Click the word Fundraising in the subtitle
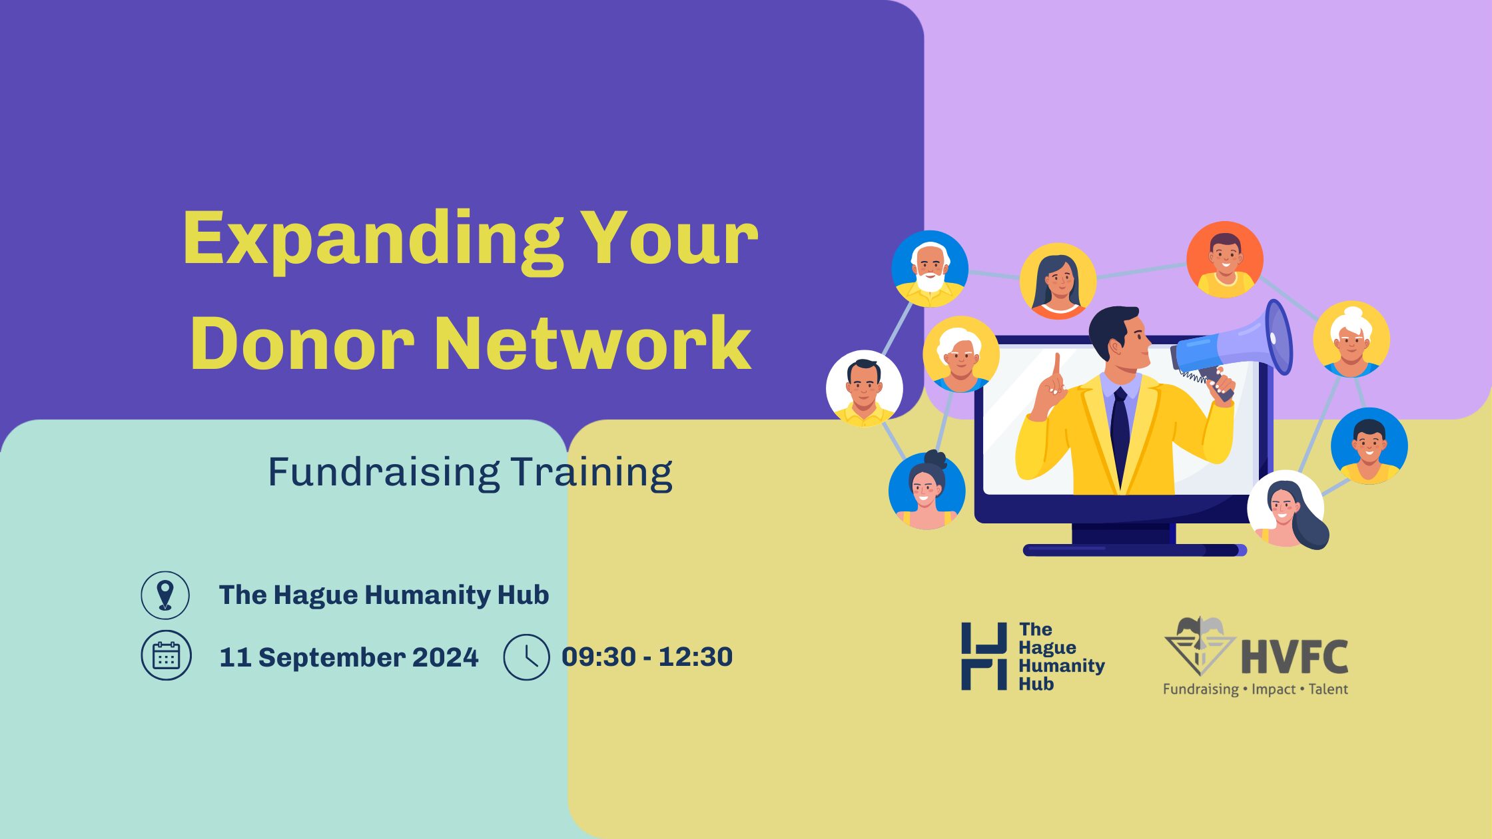click(x=384, y=473)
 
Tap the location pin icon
click(x=165, y=595)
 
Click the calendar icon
click(x=166, y=655)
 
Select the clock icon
click(x=526, y=657)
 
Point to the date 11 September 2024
click(x=348, y=657)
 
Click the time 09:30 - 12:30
click(x=647, y=657)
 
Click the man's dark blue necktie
click(x=1120, y=433)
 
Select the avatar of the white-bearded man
click(x=930, y=268)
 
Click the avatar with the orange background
click(x=1225, y=260)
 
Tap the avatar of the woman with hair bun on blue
click(x=927, y=490)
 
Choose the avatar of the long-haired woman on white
click(x=1287, y=509)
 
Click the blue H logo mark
click(x=984, y=656)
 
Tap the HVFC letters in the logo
click(x=1295, y=656)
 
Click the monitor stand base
click(x=1134, y=550)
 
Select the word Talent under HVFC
click(x=1328, y=689)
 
